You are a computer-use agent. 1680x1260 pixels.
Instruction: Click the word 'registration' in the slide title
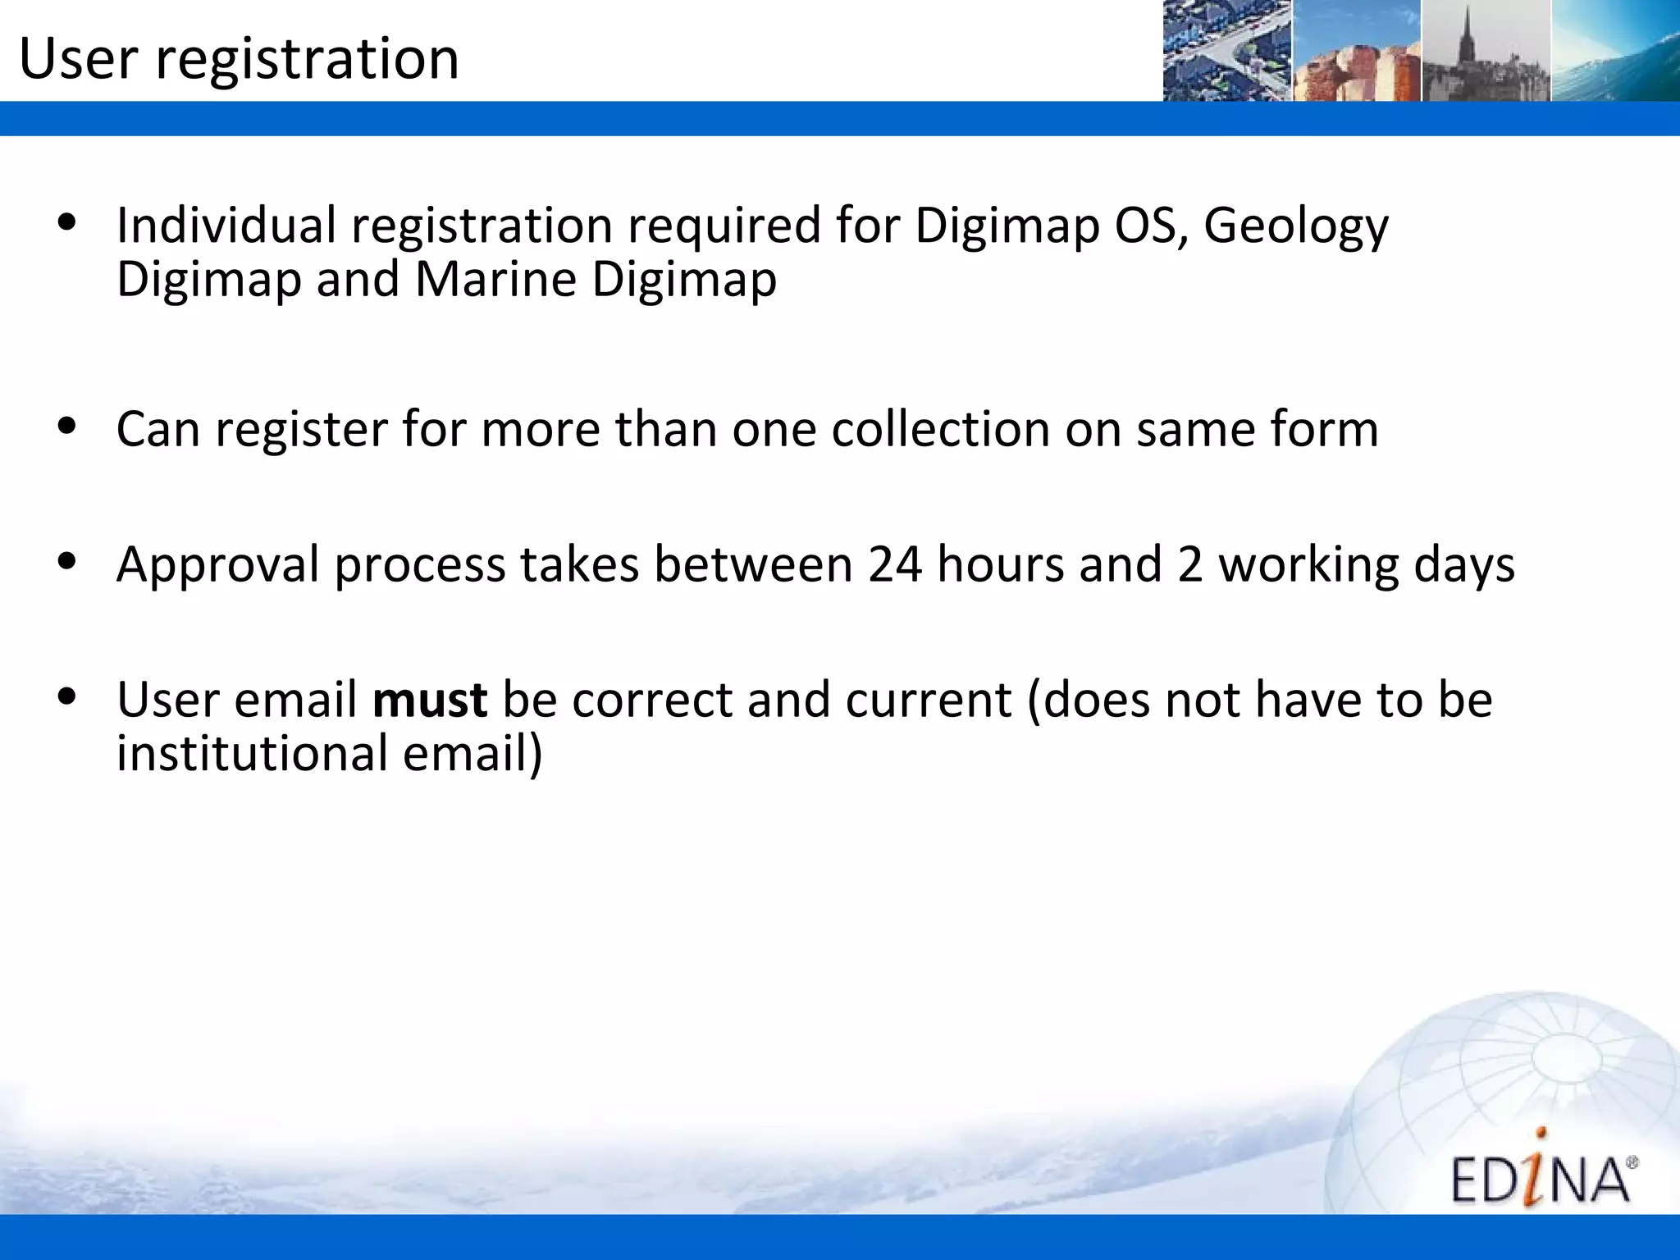[x=307, y=59]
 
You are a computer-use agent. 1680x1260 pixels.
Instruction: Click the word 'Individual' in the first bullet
[x=226, y=225]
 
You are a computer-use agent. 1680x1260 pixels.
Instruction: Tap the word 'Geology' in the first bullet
[x=1296, y=226]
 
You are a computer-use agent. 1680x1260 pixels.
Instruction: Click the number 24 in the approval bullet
[x=895, y=564]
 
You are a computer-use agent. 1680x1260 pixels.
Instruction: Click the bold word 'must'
[x=430, y=700]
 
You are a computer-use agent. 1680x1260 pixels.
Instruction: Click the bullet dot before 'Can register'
[x=67, y=426]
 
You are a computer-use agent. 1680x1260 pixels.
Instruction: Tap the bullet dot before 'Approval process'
[x=67, y=562]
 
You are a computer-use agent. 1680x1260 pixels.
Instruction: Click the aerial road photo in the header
[x=1227, y=51]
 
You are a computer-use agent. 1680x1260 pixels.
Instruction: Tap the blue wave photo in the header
[x=1615, y=51]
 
